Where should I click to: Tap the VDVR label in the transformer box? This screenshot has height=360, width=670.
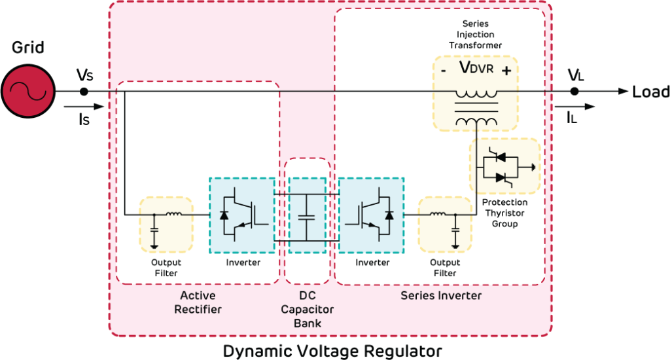[x=476, y=69]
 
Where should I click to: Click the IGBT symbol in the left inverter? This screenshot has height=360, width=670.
[x=241, y=215]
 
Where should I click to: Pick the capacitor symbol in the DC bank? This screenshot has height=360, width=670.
[x=306, y=215]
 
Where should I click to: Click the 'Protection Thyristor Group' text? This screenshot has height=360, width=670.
[x=504, y=213]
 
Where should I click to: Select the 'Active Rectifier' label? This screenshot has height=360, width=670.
[x=198, y=302]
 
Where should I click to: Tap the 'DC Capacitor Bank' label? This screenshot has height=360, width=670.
[x=307, y=309]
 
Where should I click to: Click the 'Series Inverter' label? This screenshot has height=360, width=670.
[x=441, y=296]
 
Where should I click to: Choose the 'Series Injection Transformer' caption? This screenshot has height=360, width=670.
[x=476, y=35]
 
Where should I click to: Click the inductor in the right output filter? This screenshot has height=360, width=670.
[x=437, y=213]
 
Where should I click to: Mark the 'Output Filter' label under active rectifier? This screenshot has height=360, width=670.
[x=166, y=268]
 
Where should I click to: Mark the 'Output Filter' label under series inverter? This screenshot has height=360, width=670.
[x=445, y=268]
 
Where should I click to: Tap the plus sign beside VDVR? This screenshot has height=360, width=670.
[x=506, y=70]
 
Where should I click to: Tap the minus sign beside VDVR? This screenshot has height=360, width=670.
[x=444, y=70]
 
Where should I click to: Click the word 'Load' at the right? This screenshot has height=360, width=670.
[x=650, y=92]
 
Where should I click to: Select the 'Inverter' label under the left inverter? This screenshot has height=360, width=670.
[x=243, y=262]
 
